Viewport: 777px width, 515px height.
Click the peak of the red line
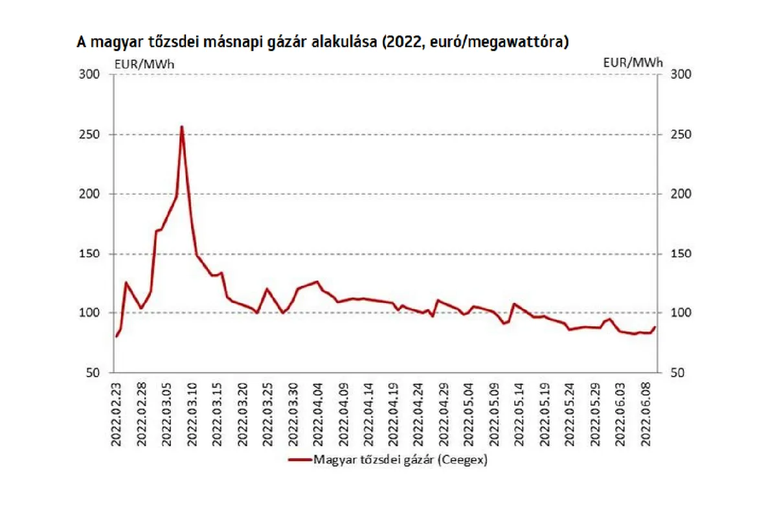point(182,126)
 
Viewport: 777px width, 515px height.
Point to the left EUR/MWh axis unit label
point(144,63)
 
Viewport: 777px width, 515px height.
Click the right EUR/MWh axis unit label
point(633,63)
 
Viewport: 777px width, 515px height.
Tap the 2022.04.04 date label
point(318,412)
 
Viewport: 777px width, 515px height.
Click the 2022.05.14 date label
point(519,412)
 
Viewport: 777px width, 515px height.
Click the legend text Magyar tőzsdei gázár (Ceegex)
point(400,460)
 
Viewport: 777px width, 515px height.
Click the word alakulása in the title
point(341,43)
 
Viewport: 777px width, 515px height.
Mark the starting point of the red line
point(116,337)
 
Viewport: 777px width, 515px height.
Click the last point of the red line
point(655,327)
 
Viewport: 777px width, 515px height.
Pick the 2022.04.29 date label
point(444,412)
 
